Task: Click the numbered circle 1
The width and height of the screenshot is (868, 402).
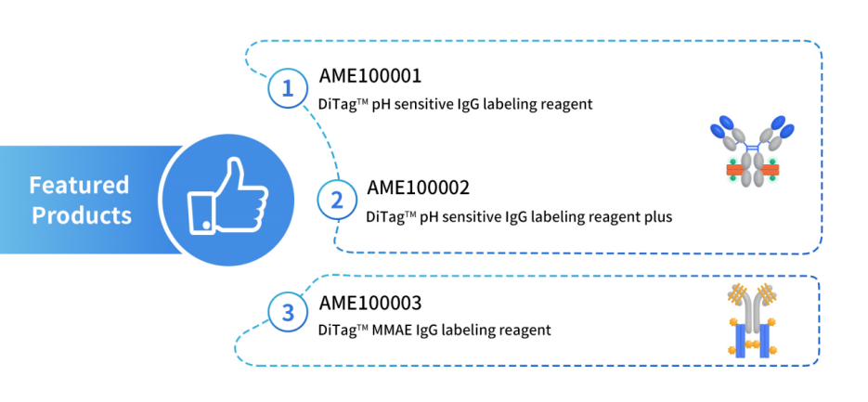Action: (x=287, y=89)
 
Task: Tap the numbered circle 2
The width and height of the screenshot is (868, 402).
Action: (x=336, y=201)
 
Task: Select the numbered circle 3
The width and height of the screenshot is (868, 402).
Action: (x=287, y=314)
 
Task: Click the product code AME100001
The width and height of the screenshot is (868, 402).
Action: (x=369, y=76)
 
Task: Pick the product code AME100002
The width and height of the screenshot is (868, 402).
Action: (x=418, y=188)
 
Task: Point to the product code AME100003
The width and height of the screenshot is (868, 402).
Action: (x=369, y=303)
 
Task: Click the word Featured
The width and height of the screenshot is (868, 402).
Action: (x=79, y=185)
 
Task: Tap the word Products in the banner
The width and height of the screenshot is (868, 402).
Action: (x=82, y=215)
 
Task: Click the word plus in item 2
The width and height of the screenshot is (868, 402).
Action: (x=657, y=217)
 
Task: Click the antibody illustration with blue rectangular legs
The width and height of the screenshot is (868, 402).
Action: (x=752, y=321)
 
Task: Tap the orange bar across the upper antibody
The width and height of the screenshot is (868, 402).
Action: (x=752, y=170)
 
